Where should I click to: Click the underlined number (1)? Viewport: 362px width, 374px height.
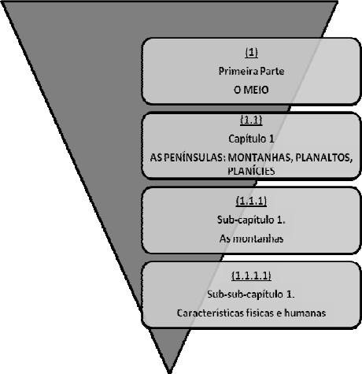click(251, 53)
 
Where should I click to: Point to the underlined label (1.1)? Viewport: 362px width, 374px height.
click(251, 120)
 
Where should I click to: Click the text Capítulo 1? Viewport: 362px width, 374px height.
click(251, 139)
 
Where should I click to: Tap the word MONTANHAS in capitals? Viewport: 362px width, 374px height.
click(260, 157)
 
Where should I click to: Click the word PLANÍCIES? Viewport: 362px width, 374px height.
click(251, 171)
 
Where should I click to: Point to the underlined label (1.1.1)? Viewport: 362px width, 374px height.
click(251, 201)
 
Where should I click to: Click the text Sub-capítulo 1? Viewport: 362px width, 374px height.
click(251, 220)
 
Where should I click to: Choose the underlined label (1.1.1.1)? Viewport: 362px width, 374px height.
click(251, 276)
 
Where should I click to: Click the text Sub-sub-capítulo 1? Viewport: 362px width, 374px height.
click(251, 294)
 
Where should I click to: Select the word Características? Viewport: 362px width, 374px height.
click(210, 313)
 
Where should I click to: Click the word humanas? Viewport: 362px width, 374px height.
click(305, 313)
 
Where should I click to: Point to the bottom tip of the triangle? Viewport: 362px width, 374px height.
click(170, 372)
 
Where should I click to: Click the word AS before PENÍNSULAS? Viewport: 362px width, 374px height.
click(154, 157)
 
